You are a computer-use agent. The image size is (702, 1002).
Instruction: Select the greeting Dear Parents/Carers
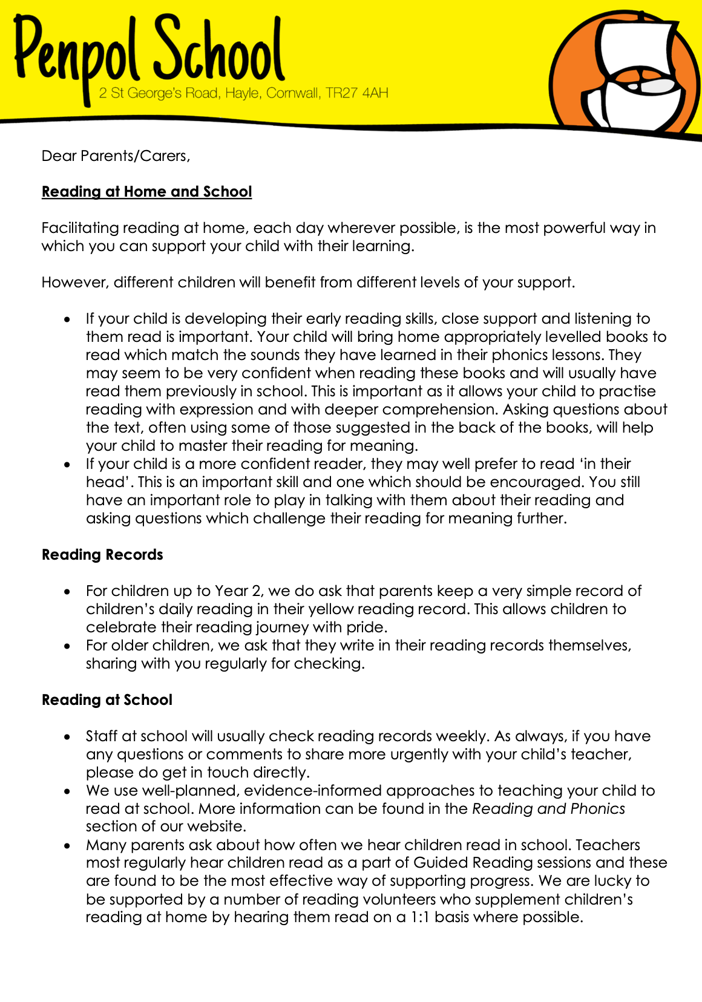[116, 156]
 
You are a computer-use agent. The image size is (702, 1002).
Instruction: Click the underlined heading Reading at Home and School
[146, 192]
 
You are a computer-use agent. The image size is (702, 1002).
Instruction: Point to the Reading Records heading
[102, 555]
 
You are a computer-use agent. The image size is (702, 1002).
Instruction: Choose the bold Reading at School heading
[107, 700]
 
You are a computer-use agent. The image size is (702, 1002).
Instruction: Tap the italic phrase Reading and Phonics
[548, 809]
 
